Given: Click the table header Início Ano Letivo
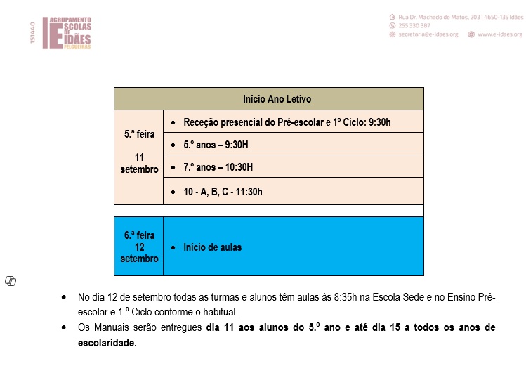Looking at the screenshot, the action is (x=277, y=99).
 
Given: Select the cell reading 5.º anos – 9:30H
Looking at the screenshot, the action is (x=218, y=144).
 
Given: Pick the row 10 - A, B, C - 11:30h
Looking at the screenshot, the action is (x=223, y=191).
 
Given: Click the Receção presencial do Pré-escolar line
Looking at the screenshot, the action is (x=287, y=122).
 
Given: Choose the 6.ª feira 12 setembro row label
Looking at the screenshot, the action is (x=139, y=247).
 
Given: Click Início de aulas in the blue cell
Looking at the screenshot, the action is (x=212, y=247).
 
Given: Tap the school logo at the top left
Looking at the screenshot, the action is (x=67, y=33).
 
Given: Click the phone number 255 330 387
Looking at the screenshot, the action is (x=415, y=25).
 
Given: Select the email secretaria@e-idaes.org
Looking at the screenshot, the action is (x=428, y=34).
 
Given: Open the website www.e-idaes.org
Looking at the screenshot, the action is (x=499, y=34).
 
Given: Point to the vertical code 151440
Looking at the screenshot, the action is (x=32, y=33).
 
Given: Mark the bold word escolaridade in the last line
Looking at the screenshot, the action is (x=107, y=344).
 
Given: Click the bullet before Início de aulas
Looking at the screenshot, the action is (x=173, y=247).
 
